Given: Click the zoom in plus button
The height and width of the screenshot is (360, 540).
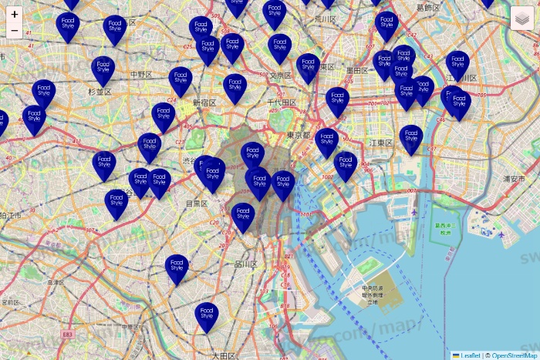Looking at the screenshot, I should (x=15, y=14).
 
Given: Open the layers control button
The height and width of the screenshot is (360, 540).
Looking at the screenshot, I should (x=523, y=17).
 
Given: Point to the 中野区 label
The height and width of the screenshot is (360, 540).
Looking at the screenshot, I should (x=140, y=74).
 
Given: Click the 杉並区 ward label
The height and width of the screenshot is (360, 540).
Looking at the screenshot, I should (x=100, y=92).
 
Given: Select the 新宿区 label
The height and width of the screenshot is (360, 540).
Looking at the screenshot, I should (x=205, y=102).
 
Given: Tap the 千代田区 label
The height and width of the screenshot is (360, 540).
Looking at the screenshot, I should (x=282, y=102).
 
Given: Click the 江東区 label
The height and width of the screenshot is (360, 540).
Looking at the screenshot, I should (x=381, y=143).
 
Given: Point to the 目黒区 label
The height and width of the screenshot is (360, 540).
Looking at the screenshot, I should (x=197, y=204).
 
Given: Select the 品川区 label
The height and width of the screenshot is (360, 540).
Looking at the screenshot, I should (x=246, y=264).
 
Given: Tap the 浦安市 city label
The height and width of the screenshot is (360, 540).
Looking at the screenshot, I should (x=514, y=178).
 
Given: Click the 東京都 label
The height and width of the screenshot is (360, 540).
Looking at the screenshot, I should (x=298, y=135).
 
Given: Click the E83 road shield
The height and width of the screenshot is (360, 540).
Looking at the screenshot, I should (x=69, y=334).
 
